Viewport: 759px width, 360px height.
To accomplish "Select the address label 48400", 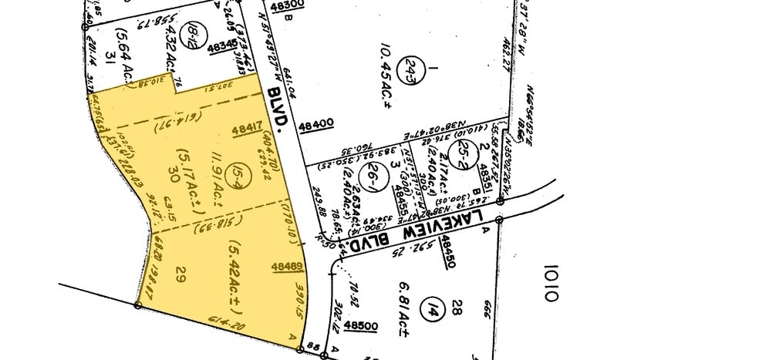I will coord(315,123).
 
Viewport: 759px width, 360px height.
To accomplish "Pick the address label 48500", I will coord(361,326).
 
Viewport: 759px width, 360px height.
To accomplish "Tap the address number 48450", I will coord(447,253).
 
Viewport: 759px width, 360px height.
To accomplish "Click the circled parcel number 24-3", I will coord(415,67).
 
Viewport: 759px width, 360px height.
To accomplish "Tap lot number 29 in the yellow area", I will coord(182,272).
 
